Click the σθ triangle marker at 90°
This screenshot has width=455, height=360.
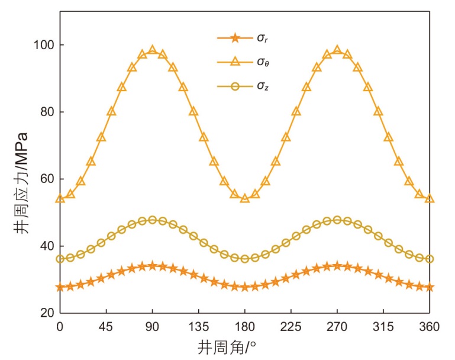(x=153, y=50)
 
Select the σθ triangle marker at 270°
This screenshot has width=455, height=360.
(x=337, y=50)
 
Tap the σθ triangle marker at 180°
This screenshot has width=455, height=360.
(x=245, y=198)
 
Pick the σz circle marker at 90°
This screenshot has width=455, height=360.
(x=153, y=220)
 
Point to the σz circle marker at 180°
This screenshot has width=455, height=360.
(x=245, y=259)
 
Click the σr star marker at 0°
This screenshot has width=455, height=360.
(x=60, y=287)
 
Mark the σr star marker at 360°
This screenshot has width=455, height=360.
(x=430, y=287)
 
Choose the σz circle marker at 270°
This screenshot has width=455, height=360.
(x=337, y=220)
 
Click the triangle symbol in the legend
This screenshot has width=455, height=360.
(x=235, y=62)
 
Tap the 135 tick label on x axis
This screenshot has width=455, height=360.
(x=198, y=326)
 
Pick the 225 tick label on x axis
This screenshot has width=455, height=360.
(x=291, y=326)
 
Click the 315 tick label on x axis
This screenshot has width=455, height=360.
(x=383, y=326)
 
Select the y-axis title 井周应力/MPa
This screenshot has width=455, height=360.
(x=21, y=179)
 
